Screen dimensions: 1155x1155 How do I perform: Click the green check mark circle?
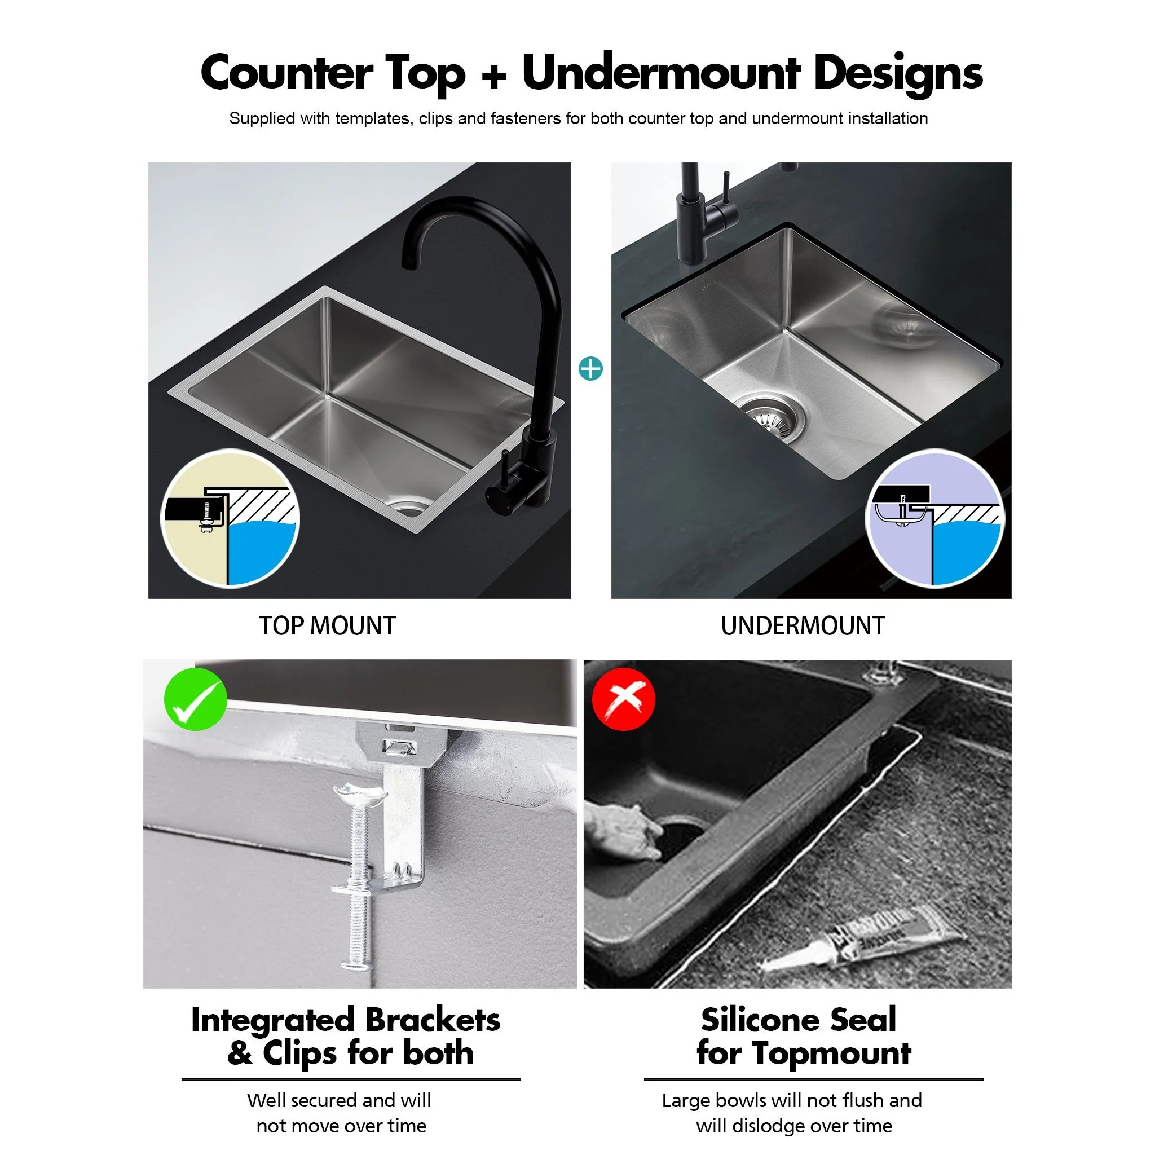coord(196,699)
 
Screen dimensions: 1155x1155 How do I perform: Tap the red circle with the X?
coord(623,699)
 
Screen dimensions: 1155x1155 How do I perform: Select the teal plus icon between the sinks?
coord(590,369)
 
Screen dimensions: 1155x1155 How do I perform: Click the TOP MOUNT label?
coord(327,626)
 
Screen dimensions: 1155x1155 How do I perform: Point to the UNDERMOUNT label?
coord(803,626)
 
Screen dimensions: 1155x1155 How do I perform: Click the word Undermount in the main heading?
coord(660,73)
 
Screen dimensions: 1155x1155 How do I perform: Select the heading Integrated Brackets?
coord(345,1020)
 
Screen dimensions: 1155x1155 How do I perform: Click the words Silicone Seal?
coord(798,1019)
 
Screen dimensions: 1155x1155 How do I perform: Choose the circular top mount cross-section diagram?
coord(230,518)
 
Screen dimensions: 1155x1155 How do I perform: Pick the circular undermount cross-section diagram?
coord(936,518)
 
